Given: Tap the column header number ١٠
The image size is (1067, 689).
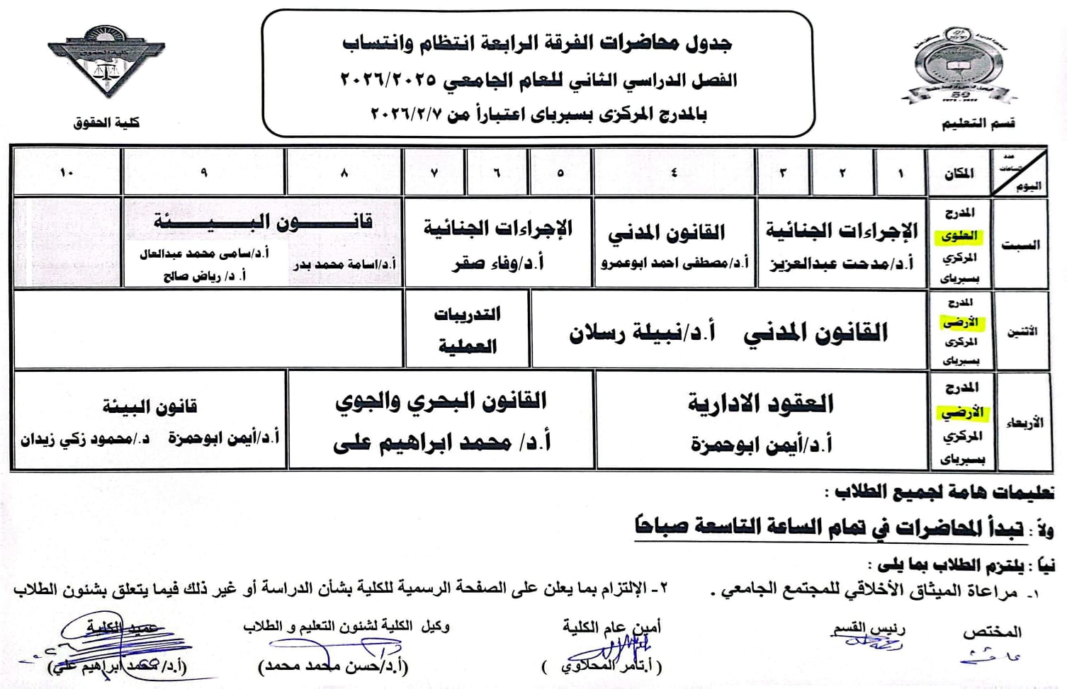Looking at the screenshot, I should click(x=67, y=172).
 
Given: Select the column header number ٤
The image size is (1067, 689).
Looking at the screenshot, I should click(x=673, y=172).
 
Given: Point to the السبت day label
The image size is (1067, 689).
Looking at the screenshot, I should click(x=1020, y=245).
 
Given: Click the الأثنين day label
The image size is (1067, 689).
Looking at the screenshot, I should click(x=1022, y=331).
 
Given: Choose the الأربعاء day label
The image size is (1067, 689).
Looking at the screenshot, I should click(x=1024, y=423).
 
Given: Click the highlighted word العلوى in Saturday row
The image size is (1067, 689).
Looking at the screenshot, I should click(x=960, y=236).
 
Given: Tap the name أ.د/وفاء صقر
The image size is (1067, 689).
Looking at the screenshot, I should click(x=499, y=263).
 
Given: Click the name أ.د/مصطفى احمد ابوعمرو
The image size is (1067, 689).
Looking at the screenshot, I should click(x=674, y=263).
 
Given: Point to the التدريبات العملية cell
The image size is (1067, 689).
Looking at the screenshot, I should click(x=468, y=330).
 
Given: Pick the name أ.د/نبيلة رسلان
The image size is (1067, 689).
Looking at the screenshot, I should click(x=642, y=332).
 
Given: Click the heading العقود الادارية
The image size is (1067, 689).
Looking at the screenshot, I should click(x=761, y=404).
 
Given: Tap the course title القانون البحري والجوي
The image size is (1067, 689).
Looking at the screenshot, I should click(x=441, y=402).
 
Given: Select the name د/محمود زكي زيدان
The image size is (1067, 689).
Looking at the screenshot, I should click(x=85, y=439).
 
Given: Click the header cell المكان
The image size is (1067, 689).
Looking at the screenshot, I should click(x=959, y=173).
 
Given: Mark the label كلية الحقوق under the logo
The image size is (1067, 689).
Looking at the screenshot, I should click(x=106, y=123).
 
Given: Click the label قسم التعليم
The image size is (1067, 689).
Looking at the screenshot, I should click(x=978, y=123).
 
